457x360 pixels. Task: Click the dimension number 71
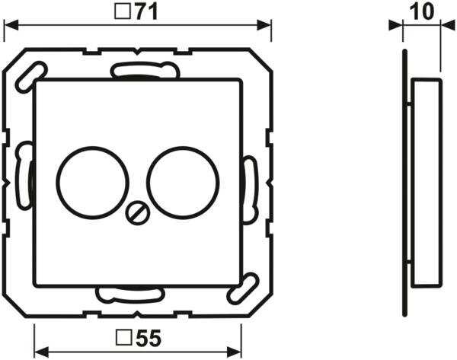[147, 12]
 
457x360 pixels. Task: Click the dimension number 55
[149, 338]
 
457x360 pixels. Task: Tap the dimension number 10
[421, 12]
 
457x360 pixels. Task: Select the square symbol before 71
[123, 11]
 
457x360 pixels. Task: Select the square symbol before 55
[123, 338]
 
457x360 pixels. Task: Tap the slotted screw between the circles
[138, 213]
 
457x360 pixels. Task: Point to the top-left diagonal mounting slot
[30, 77]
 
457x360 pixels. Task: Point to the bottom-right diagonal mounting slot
[243, 288]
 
